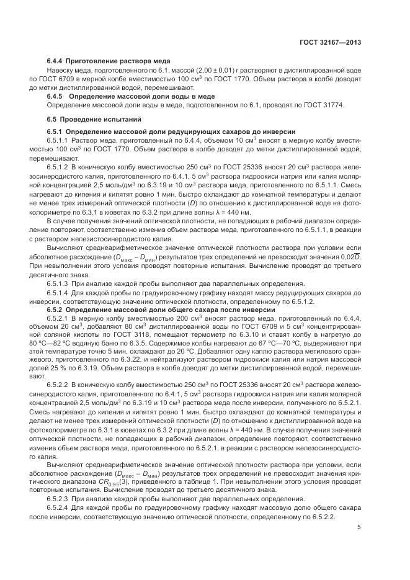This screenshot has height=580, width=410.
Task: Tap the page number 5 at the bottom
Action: [359, 528]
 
